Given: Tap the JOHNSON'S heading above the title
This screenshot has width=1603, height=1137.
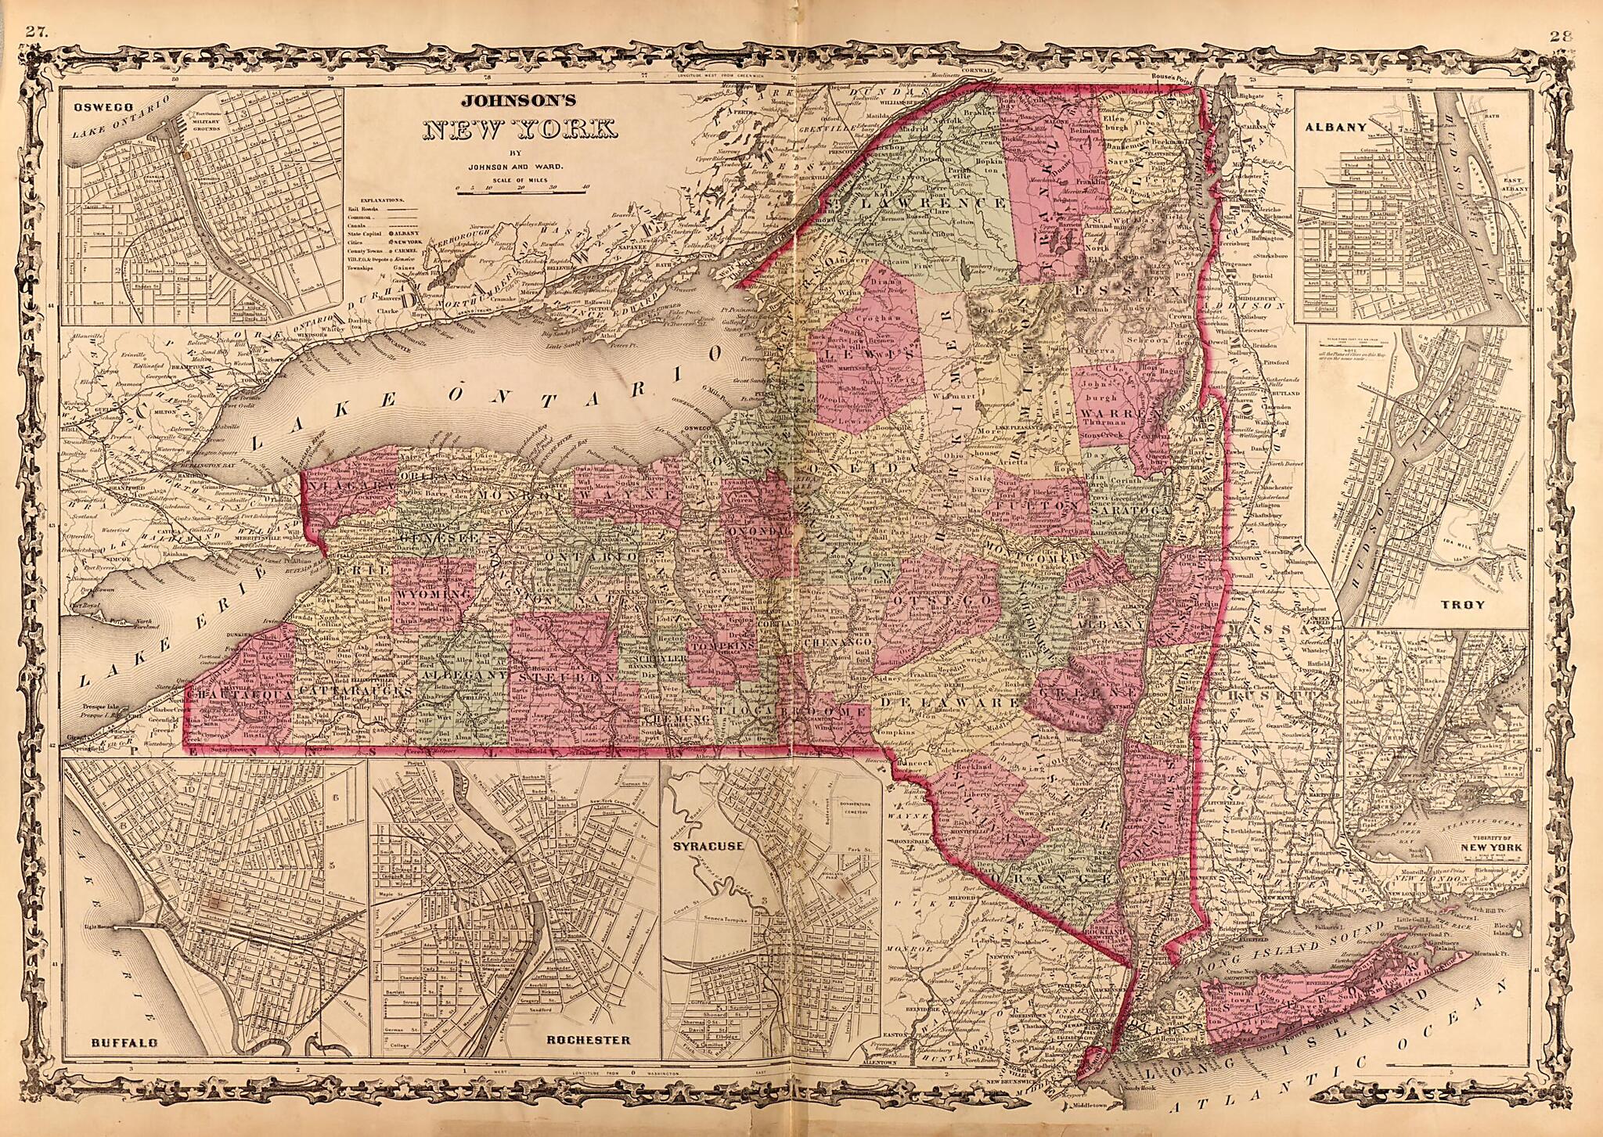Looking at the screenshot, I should click(x=519, y=100).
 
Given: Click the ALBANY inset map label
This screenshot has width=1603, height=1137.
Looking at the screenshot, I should click(x=1340, y=125).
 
